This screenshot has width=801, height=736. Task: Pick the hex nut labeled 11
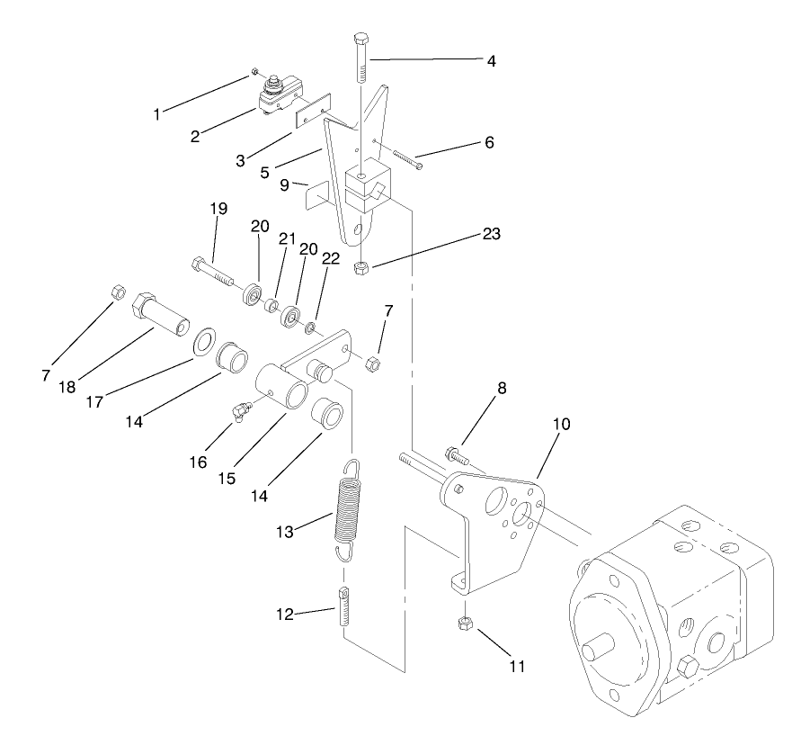tap(466, 623)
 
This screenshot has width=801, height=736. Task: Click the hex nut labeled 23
tap(360, 267)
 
